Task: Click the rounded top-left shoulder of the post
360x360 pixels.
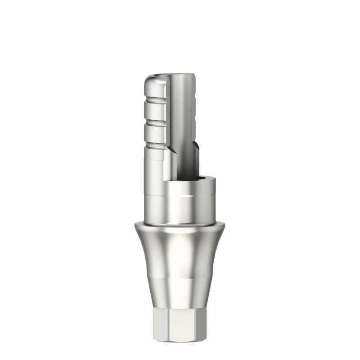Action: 150,81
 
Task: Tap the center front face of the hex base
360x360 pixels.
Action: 180,324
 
